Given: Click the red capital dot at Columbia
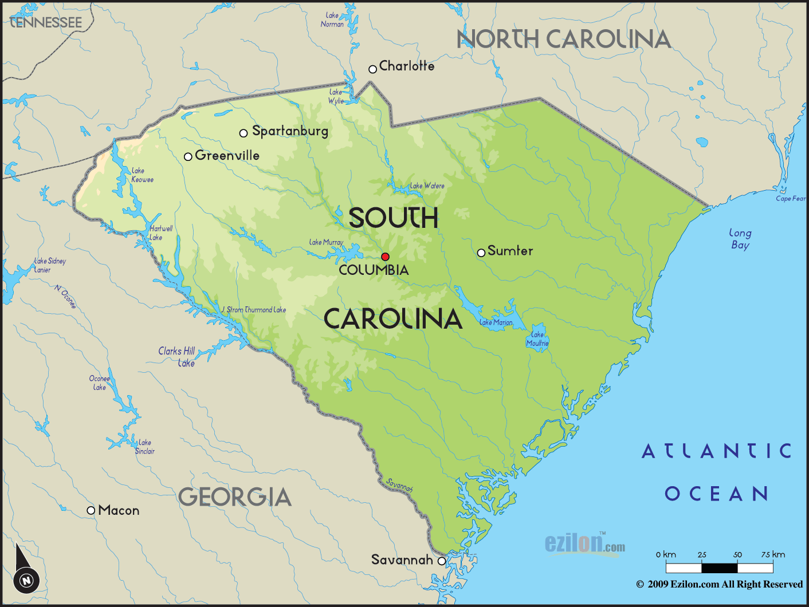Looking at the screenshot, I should click(385, 257).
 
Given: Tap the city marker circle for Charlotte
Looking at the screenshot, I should click(372, 69).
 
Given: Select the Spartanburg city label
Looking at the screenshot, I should click(290, 131).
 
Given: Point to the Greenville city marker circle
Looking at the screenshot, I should click(188, 156).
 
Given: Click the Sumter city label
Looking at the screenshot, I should click(510, 251).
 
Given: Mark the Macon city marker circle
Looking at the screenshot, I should click(91, 510).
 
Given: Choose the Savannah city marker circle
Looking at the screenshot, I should click(442, 561).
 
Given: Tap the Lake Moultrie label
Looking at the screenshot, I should click(537, 338).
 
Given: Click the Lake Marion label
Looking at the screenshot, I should click(496, 322).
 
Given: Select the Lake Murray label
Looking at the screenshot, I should click(326, 242).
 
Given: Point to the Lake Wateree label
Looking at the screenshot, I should click(427, 186).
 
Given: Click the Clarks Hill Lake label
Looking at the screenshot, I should click(177, 357).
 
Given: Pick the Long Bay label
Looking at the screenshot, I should click(740, 239).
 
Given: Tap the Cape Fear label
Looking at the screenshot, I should click(790, 199).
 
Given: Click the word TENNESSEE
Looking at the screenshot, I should click(46, 22).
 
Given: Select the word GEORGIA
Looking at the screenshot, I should click(235, 497).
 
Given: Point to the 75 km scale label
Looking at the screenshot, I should click(773, 554).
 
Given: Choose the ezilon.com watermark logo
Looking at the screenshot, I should click(584, 543).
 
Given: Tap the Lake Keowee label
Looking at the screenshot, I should click(142, 175).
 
